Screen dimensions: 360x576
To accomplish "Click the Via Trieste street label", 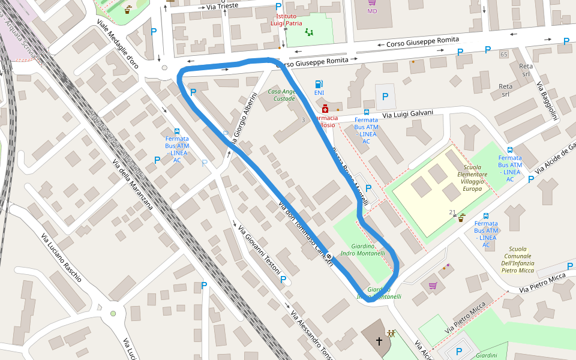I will coord(222,5).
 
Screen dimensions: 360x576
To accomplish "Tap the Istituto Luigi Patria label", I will coord(285,20).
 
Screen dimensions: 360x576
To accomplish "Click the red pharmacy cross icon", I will coord(325,109).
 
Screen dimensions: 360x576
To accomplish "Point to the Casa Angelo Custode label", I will coord(281,95).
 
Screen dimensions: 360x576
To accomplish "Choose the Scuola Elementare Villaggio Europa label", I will coord(472,178).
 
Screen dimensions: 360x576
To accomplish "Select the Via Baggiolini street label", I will coord(548,101).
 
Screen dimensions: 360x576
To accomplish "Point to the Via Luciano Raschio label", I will coord(61,258).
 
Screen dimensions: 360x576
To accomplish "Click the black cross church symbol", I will coord(379,341).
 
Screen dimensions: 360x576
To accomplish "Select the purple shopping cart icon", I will coord(433,285).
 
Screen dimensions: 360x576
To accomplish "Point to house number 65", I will coord(503,55).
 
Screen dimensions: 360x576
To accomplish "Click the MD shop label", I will coord(372,11).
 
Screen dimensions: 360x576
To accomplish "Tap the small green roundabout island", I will coord(113,313).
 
